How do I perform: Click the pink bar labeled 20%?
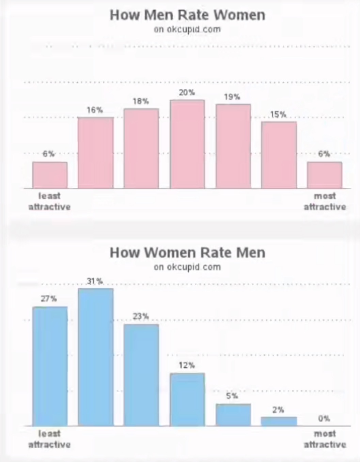tap(187, 144)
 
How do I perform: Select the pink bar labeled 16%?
tap(96, 153)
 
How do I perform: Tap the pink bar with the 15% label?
tap(279, 155)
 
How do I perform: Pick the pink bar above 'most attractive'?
tap(325, 175)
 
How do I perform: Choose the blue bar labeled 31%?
tap(96, 357)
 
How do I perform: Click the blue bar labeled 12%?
tap(187, 400)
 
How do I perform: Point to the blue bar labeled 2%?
tap(279, 421)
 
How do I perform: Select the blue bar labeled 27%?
tap(50, 366)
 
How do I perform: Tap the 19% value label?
tap(232, 97)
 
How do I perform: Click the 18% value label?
tap(141, 102)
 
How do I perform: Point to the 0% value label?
tap(324, 419)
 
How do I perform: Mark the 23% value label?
tap(141, 317)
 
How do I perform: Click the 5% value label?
tap(232, 396)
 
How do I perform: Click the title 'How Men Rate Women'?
tap(187, 15)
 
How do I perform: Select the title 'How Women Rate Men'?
tap(187, 252)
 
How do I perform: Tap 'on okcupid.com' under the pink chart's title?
tap(187, 29)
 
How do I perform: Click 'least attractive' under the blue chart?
tap(49, 439)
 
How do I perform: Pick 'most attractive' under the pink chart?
tap(325, 201)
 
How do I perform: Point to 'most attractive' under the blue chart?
tap(325, 439)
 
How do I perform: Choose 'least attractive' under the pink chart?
tap(49, 201)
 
